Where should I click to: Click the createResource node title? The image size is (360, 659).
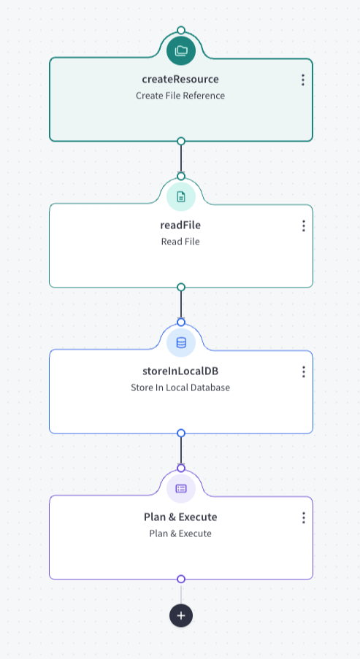tap(180, 79)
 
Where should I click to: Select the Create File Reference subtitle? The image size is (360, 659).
tap(180, 96)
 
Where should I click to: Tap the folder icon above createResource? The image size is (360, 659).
tap(181, 51)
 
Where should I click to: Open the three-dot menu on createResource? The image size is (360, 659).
tap(303, 80)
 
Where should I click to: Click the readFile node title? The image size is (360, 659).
tap(180, 226)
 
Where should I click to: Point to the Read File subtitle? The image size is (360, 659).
tap(180, 242)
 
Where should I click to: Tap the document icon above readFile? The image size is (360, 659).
tap(181, 196)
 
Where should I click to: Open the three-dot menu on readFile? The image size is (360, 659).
tap(303, 226)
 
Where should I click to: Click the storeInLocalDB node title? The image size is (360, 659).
tap(180, 371)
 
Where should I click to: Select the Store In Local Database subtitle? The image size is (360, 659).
tap(180, 388)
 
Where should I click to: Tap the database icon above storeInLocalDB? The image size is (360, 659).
tap(181, 342)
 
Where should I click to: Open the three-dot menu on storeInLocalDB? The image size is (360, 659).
tap(303, 371)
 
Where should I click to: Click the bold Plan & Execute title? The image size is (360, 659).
tap(180, 517)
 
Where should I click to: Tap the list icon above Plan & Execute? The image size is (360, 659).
tap(181, 488)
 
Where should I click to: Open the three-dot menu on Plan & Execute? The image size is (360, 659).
tap(303, 518)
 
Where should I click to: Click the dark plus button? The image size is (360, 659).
tap(181, 616)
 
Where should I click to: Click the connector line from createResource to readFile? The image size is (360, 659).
tap(181, 158)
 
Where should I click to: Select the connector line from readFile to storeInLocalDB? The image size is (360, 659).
tap(181, 305)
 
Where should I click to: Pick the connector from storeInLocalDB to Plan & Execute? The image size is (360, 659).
tap(181, 450)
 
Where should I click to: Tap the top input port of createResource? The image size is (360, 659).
tap(181, 30)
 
